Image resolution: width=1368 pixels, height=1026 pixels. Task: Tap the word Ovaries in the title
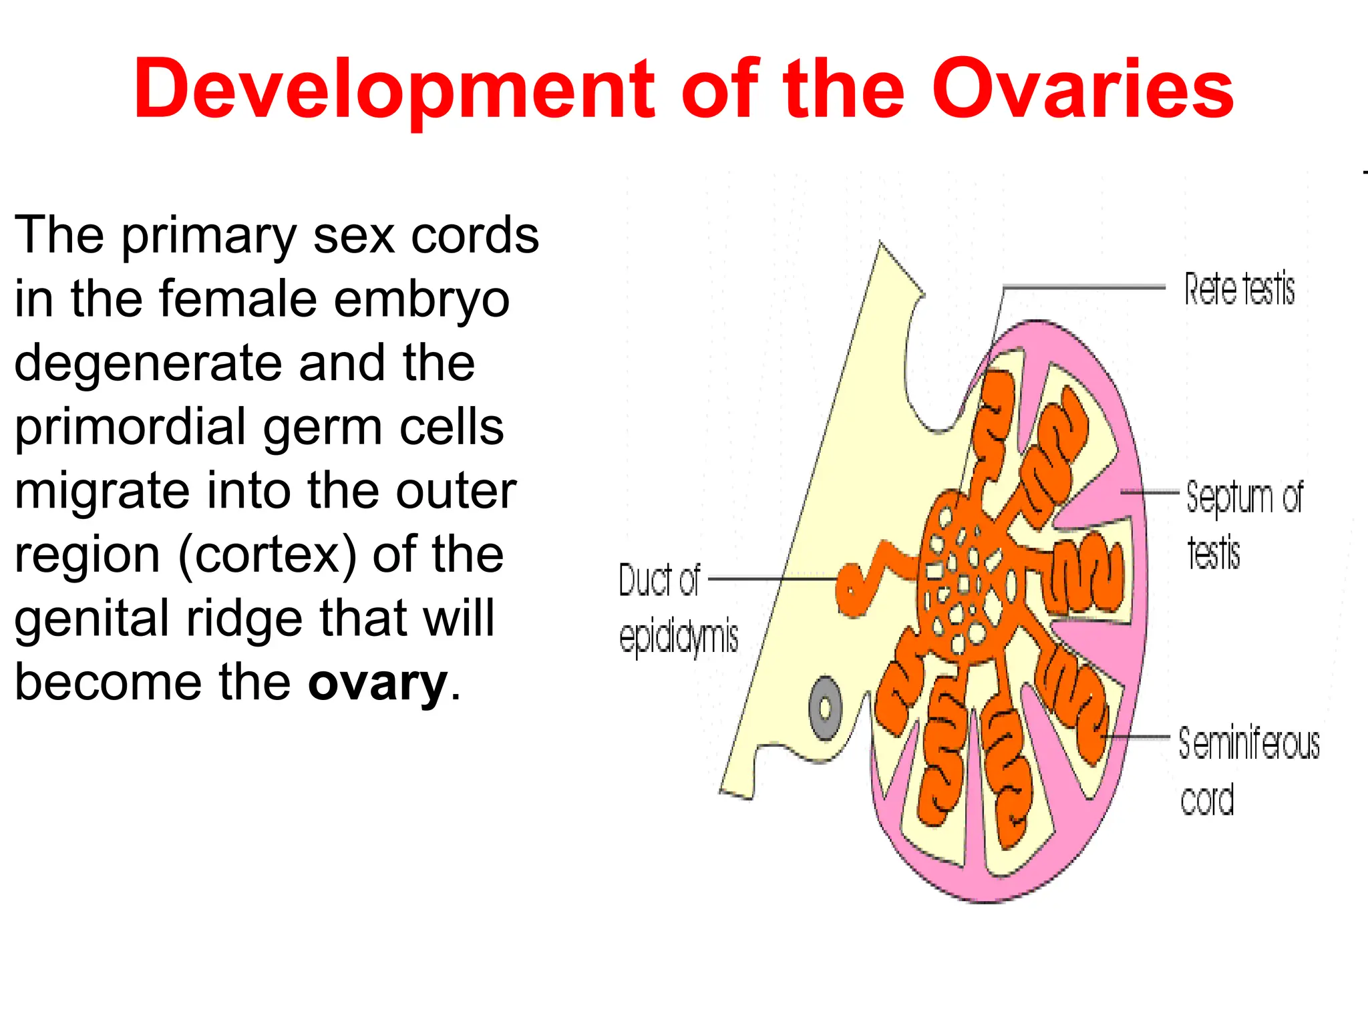click(1082, 90)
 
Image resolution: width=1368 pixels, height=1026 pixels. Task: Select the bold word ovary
click(377, 683)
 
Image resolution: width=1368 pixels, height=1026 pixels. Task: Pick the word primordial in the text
click(130, 427)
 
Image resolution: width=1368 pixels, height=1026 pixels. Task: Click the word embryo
click(422, 299)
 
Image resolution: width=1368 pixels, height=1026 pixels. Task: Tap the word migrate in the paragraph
click(100, 491)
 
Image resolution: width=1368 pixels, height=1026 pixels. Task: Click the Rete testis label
click(1239, 289)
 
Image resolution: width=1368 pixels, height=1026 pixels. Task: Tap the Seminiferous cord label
click(1248, 772)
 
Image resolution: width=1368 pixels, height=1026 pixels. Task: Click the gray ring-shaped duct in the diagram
click(826, 708)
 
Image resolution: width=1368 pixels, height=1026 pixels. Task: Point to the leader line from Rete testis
click(1082, 287)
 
